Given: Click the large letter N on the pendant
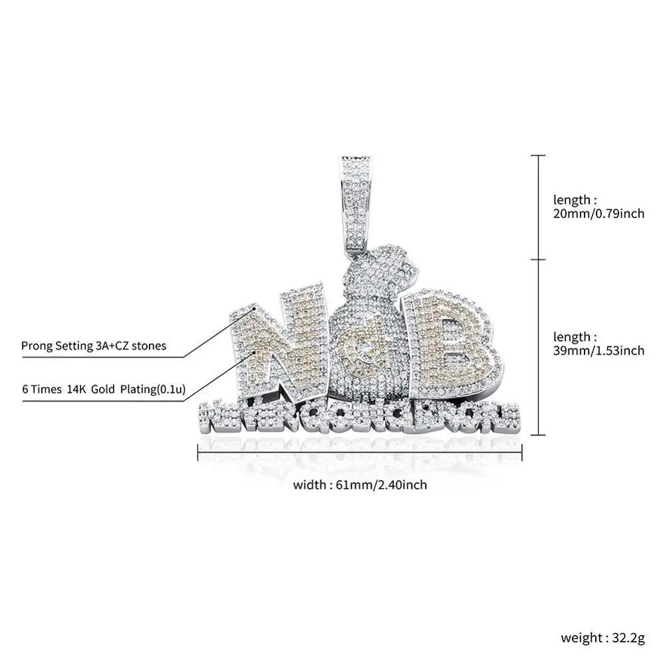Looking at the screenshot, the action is [x=276, y=346].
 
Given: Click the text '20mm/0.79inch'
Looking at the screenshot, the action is [x=599, y=214].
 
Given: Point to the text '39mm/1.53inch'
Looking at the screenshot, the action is [x=599, y=350].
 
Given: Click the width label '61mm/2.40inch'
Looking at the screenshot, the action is [x=385, y=485].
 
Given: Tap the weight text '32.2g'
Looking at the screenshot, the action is [x=625, y=638].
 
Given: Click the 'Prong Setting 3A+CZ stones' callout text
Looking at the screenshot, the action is [x=94, y=346].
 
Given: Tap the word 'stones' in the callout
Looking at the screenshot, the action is [x=149, y=346].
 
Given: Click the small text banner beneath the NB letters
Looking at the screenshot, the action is [x=360, y=415].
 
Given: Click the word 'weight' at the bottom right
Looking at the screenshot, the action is [x=579, y=638].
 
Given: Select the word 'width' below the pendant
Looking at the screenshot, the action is [x=308, y=485].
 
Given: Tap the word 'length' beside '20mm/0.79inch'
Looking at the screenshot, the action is [x=572, y=199].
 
